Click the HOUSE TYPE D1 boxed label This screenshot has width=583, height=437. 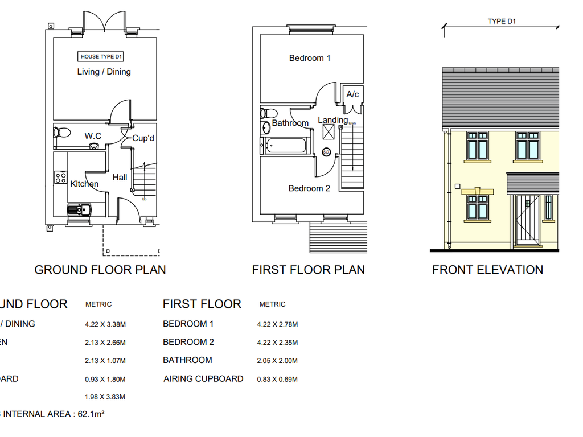click(x=101, y=56)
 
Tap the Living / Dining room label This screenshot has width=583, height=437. click(x=104, y=72)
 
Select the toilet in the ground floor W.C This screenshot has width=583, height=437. click(x=61, y=133)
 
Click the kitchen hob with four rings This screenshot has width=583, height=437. click(x=60, y=177)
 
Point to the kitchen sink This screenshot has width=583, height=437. click(x=79, y=210)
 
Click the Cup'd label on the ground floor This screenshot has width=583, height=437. click(x=143, y=138)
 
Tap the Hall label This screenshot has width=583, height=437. click(x=120, y=178)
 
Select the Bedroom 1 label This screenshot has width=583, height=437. click(x=310, y=58)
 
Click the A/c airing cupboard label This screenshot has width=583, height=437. click(x=352, y=94)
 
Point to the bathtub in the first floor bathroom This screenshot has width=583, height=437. click(x=285, y=146)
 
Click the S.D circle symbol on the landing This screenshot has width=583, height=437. click(x=326, y=152)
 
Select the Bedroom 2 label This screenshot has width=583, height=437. click(x=309, y=188)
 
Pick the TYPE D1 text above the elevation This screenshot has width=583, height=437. click(x=501, y=22)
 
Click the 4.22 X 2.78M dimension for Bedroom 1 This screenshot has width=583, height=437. click(x=277, y=324)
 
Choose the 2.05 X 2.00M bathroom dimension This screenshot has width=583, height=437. click(x=277, y=361)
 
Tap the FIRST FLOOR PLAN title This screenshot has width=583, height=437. click(x=308, y=270)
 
